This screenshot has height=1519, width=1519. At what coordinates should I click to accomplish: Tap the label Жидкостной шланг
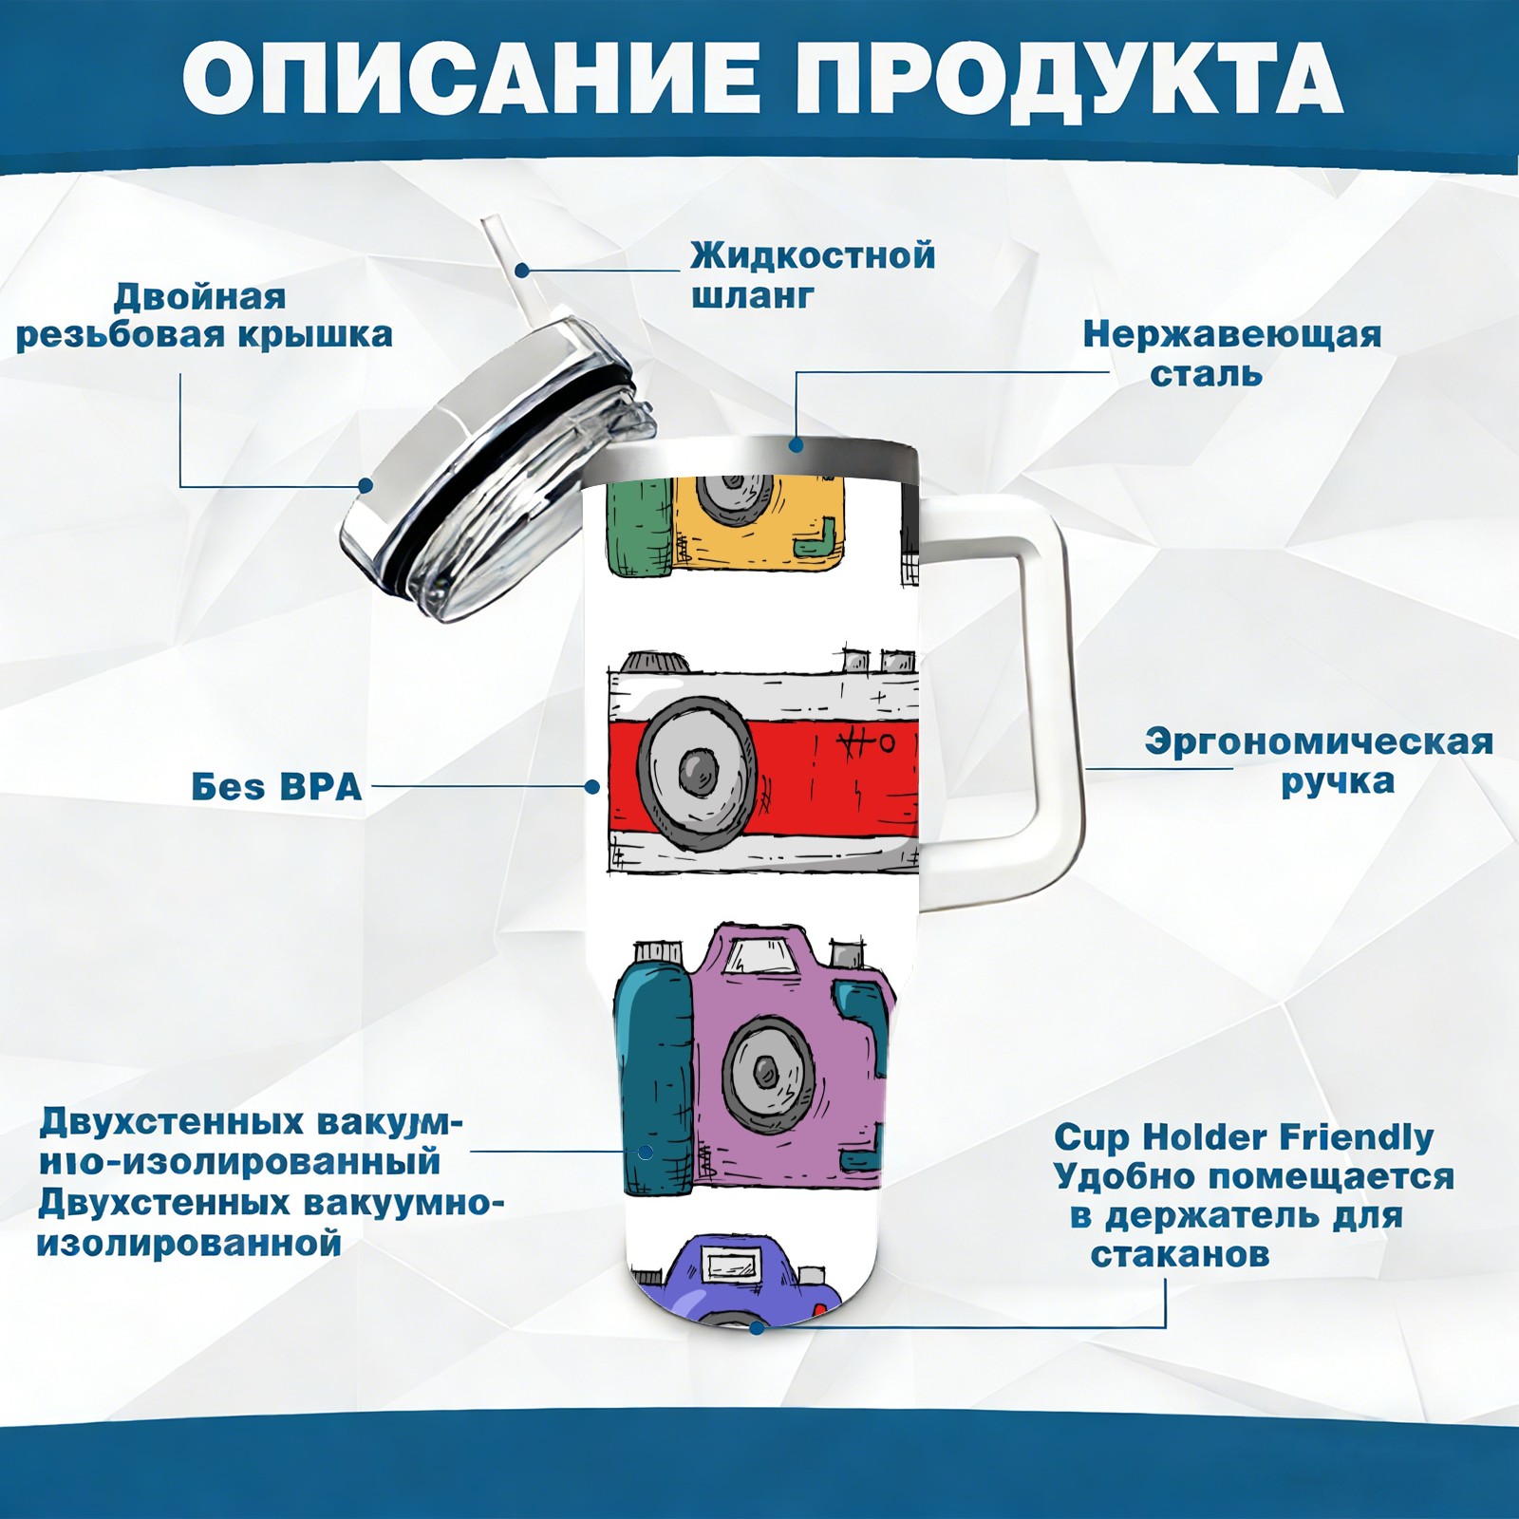tap(813, 275)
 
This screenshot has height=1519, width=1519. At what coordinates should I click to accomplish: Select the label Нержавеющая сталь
tap(1231, 353)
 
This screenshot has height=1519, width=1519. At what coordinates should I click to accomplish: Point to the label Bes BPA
tap(276, 787)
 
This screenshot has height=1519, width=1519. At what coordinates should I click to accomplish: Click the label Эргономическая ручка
tap(1319, 761)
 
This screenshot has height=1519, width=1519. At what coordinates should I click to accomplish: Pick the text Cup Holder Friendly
tap(1244, 1137)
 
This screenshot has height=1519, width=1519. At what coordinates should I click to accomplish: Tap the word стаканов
tap(1179, 1255)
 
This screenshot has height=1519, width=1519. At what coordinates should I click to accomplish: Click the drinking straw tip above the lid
tap(491, 226)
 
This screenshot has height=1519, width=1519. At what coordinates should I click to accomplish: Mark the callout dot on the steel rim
tap(796, 444)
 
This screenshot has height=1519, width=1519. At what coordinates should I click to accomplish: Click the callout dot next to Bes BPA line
tap(592, 787)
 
